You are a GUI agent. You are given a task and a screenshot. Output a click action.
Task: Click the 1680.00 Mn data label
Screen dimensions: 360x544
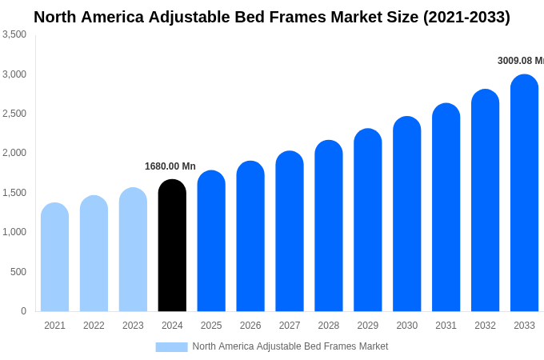pyautogui.click(x=170, y=166)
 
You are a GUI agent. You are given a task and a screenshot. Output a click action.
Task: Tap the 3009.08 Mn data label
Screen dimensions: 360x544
pyautogui.click(x=520, y=61)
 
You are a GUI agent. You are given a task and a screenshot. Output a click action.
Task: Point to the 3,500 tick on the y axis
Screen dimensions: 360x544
pyautogui.click(x=14, y=34)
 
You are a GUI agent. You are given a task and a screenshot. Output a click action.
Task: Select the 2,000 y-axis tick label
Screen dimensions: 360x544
pyautogui.click(x=14, y=153)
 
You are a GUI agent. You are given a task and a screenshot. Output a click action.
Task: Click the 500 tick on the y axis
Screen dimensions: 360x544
pyautogui.click(x=18, y=272)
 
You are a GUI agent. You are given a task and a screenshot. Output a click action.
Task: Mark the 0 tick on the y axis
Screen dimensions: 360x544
pyautogui.click(x=23, y=311)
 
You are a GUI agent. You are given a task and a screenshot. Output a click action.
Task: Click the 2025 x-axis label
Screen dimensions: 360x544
pyautogui.click(x=211, y=326)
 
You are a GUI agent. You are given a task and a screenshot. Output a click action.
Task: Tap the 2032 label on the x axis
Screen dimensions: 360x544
pyautogui.click(x=485, y=326)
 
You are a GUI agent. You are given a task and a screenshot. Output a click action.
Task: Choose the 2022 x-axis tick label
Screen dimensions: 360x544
pyautogui.click(x=94, y=326)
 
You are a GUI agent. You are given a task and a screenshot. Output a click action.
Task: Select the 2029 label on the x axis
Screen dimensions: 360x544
pyautogui.click(x=367, y=326)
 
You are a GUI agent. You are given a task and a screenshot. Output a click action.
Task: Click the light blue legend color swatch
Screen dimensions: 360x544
pyautogui.click(x=171, y=347)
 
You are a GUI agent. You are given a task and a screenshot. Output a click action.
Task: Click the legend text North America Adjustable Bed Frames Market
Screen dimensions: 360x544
pyautogui.click(x=290, y=346)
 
